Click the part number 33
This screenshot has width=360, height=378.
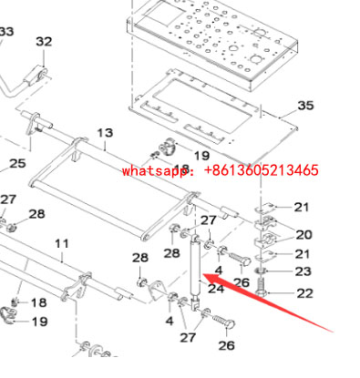click(x=6, y=32)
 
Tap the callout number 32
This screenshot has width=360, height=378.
click(x=44, y=42)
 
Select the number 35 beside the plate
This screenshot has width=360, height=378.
click(x=305, y=106)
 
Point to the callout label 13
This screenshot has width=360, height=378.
click(x=105, y=134)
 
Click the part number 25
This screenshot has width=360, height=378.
click(x=17, y=164)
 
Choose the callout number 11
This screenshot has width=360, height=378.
click(x=62, y=243)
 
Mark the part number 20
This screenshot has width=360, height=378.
click(x=303, y=235)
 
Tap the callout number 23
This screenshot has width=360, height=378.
click(x=303, y=271)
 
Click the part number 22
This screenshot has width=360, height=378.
click(x=303, y=292)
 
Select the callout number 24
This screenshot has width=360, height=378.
click(x=216, y=290)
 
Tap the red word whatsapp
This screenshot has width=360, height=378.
click(x=151, y=170)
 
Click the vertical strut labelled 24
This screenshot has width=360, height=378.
click(x=194, y=264)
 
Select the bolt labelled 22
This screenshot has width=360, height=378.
click(x=263, y=291)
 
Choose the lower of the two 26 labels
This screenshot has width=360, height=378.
click(x=226, y=345)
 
